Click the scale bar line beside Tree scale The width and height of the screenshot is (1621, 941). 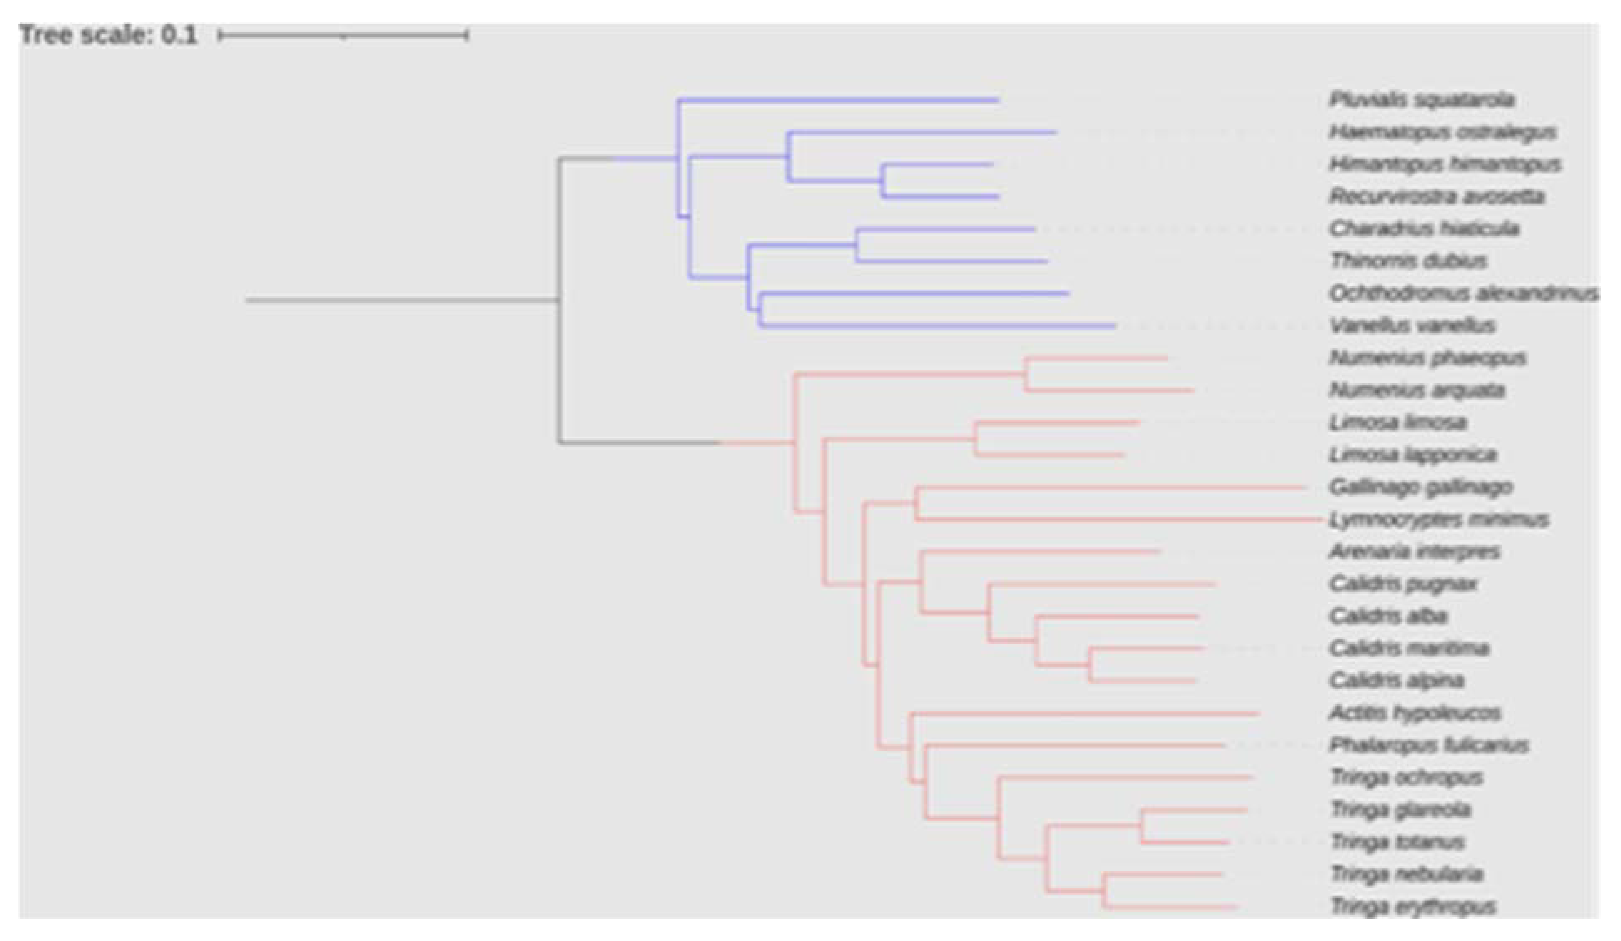[x=343, y=36]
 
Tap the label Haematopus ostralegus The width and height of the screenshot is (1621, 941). [x=1443, y=132]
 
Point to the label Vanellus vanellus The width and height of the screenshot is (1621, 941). [x=1412, y=326]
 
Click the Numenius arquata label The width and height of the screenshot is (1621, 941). [x=1417, y=390]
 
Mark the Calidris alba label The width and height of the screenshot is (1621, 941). [x=1388, y=616]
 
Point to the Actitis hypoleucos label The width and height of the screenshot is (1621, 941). [x=1415, y=713]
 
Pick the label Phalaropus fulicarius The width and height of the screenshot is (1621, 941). [x=1429, y=745]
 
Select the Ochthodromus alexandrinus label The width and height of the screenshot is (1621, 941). [x=1464, y=293]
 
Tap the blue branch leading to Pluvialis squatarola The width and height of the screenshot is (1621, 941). [x=836, y=100]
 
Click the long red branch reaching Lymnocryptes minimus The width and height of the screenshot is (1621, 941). [x=1119, y=519]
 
